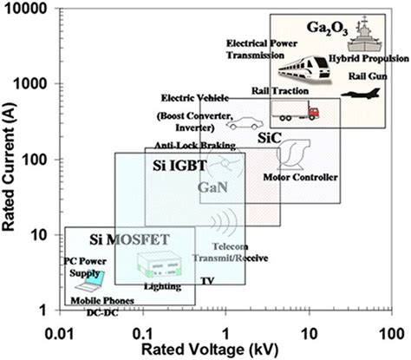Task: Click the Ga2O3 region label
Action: click(327, 29)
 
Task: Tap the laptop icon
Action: click(89, 279)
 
